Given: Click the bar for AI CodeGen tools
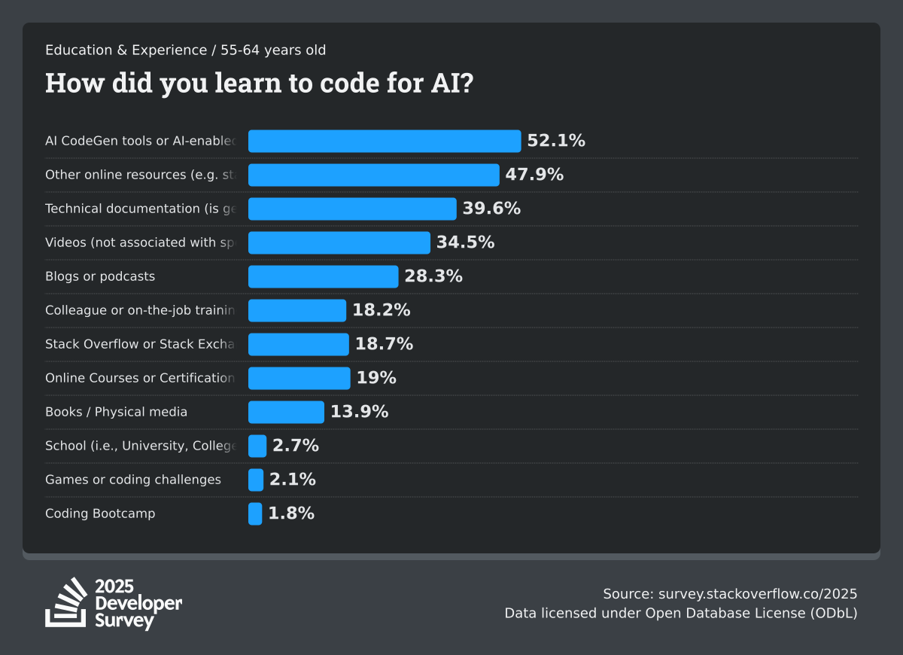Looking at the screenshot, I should click(x=385, y=141).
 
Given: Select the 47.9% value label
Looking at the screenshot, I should click(x=534, y=175).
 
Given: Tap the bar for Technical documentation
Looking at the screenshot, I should click(x=352, y=209).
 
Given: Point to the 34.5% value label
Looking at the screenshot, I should click(x=465, y=242).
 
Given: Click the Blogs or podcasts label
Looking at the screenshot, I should click(x=100, y=276).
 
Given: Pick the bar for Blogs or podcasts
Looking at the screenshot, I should click(x=323, y=276).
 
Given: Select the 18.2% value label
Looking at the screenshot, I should click(x=381, y=310).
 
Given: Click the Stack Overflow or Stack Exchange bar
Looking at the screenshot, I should click(x=299, y=344).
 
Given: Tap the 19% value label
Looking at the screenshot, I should click(x=376, y=378).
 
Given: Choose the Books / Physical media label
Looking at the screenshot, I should click(x=117, y=412).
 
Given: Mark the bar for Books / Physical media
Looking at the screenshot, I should click(x=286, y=412).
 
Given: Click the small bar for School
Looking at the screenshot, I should click(x=257, y=446).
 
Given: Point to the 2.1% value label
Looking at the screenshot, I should click(x=292, y=480).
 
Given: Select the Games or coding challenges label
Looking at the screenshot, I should click(x=133, y=480).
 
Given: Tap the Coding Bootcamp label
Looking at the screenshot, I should click(x=100, y=513).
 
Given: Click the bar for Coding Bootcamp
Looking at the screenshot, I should click(x=255, y=513).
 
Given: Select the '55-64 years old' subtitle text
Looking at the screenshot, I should click(x=273, y=50).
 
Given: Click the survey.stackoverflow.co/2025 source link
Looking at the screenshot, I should click(x=758, y=593).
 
